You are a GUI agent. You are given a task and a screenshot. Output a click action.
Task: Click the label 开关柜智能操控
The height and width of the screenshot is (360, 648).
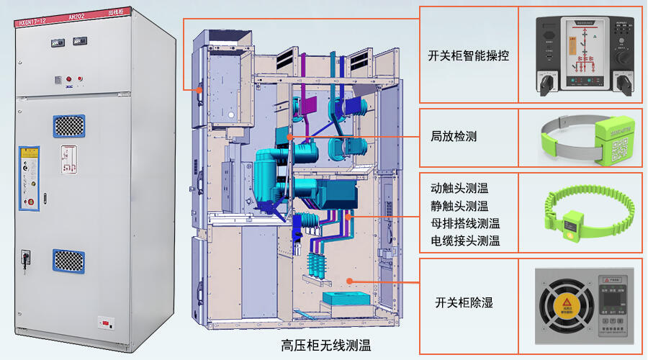[468, 55]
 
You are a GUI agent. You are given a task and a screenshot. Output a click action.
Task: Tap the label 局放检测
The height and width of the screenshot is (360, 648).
[454, 136]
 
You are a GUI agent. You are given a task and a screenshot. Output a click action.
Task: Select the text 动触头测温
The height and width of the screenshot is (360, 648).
[459, 189]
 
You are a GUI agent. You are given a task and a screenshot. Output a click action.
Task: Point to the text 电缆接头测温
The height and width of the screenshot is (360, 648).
[465, 240]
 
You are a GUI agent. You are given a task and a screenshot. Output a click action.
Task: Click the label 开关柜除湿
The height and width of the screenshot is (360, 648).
[464, 302]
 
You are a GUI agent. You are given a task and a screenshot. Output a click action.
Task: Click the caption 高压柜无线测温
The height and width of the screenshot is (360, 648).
[326, 346]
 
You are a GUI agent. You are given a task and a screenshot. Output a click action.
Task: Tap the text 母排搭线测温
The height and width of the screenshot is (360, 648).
[465, 223]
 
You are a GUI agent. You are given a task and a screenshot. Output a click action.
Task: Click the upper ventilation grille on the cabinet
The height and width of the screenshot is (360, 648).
[68, 126]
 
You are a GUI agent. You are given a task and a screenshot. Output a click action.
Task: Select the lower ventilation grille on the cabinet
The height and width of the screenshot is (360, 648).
[68, 261]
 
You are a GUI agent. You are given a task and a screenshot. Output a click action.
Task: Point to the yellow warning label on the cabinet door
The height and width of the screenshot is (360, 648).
[29, 152]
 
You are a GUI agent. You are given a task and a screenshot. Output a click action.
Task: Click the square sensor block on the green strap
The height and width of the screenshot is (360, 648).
[574, 226]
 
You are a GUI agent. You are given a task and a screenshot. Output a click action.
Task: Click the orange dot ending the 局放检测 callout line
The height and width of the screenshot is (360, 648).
[289, 136]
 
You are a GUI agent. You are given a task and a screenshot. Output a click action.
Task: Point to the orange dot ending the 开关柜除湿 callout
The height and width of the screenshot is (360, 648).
[350, 282]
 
